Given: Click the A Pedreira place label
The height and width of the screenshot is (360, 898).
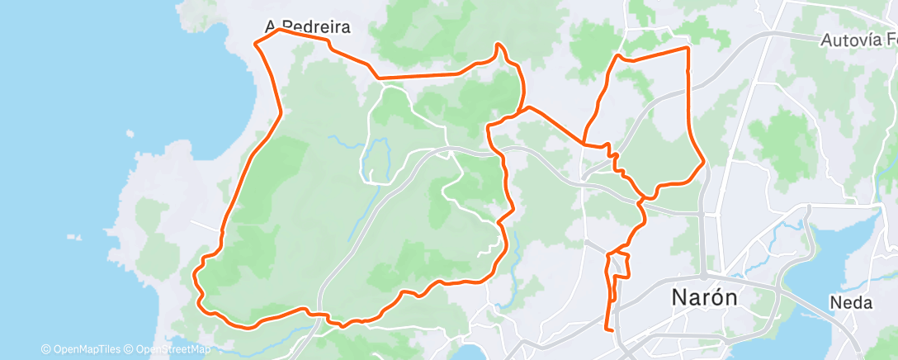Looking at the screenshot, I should coord(308,27).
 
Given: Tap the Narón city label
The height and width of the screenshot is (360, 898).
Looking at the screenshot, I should coord(704,297).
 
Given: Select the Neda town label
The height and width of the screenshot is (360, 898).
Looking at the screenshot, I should coord(852,302).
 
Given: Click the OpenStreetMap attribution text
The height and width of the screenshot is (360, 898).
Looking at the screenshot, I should coord(168,349).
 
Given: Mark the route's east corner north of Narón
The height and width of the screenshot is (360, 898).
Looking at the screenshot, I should coord(703,162).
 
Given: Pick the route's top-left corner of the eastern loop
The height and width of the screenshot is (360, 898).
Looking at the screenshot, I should coord(617,56).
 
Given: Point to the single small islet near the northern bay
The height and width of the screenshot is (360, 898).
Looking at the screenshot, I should coord(130,132).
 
